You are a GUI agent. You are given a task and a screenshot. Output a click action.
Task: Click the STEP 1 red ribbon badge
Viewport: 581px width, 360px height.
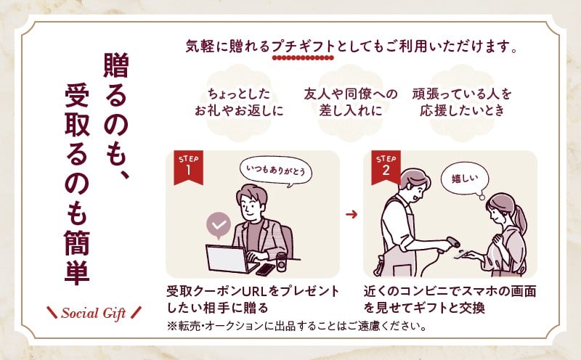click(188, 167)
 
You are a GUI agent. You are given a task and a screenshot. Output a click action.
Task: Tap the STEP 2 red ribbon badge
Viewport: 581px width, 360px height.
click(386, 167)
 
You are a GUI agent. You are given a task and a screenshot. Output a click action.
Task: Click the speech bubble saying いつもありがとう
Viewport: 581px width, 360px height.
click(276, 172)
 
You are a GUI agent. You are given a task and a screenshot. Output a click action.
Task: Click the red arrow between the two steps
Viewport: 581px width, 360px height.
click(352, 214)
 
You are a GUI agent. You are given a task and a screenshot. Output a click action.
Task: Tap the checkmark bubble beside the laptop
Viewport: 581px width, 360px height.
click(219, 225)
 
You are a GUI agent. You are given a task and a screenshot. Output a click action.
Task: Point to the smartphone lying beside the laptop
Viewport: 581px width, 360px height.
click(265, 269)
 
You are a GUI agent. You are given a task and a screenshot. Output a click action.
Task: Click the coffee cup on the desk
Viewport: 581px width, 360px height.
click(281, 261)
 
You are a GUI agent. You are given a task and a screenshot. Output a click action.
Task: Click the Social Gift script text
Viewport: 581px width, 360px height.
click(94, 314)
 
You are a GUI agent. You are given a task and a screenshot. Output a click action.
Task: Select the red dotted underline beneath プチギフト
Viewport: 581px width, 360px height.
click(303, 58)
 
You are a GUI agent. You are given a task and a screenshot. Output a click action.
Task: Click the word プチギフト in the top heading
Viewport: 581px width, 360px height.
click(303, 46)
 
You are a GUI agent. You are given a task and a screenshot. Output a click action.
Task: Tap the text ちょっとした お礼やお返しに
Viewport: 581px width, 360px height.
click(239, 102)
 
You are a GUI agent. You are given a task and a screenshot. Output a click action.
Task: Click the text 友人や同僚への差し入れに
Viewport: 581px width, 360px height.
click(351, 102)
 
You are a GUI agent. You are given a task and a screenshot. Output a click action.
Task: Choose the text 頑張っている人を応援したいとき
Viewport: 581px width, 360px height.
click(462, 102)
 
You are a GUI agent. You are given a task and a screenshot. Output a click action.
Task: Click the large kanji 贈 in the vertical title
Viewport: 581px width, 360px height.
click(116, 65)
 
